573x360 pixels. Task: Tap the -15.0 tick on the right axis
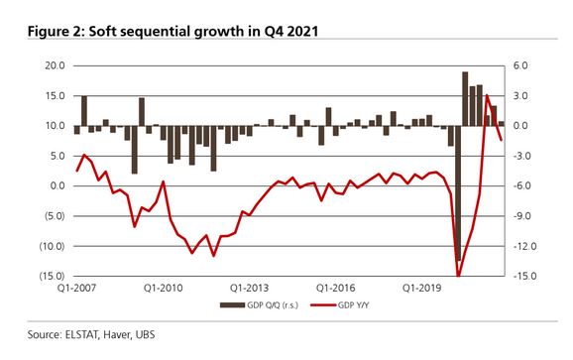point(526,276)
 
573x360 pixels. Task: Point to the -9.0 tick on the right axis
point(525,215)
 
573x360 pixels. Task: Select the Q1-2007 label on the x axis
point(74,289)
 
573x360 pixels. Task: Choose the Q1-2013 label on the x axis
point(251,289)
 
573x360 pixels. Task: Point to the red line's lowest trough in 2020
point(458,275)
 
